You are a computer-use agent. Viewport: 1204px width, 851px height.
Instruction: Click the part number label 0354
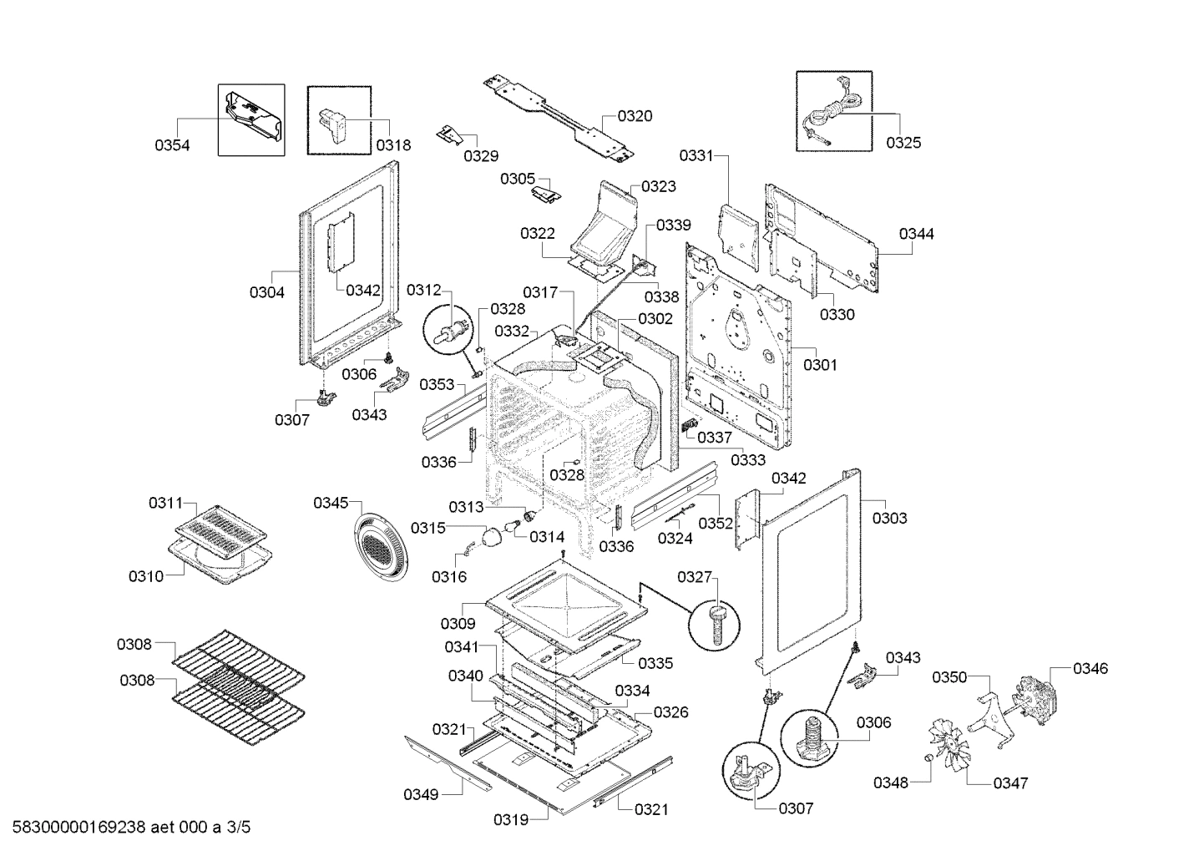(172, 145)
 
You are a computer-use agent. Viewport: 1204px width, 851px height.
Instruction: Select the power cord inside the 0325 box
(832, 114)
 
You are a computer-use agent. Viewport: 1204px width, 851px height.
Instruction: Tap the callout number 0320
(635, 116)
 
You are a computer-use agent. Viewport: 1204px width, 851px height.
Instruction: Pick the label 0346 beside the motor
(1090, 668)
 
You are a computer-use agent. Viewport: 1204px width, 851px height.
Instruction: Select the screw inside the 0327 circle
(716, 622)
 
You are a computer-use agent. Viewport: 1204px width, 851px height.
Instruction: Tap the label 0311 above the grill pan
(165, 503)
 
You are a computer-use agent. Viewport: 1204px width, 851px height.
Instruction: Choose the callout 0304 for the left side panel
(266, 292)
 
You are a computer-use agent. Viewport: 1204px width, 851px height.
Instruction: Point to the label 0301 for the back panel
(820, 365)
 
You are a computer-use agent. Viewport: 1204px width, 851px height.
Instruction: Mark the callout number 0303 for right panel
(889, 518)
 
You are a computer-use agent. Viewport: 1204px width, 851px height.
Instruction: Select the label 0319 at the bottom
(511, 819)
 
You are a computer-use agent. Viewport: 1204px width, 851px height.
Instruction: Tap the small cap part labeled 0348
(926, 757)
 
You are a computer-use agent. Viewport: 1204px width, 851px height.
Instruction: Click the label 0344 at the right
(916, 234)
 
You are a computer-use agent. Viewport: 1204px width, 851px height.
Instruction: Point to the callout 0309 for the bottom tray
(458, 623)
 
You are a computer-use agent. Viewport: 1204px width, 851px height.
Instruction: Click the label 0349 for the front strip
(421, 794)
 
